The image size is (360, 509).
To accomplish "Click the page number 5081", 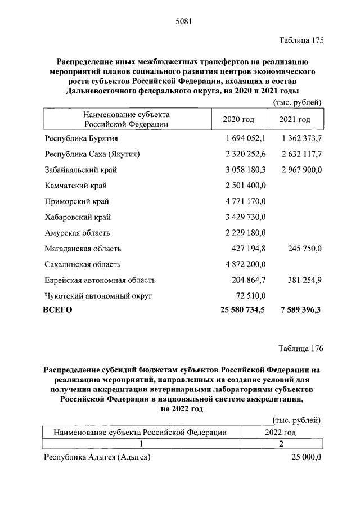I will click(184, 22).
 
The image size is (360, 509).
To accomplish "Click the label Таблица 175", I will click(301, 40).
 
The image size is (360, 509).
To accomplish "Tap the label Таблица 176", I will click(301, 348).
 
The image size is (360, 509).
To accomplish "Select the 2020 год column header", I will click(238, 120).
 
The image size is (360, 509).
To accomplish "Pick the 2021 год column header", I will click(295, 120).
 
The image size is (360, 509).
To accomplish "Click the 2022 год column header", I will click(280, 432).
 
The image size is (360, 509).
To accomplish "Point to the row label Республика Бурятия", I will click(80, 138).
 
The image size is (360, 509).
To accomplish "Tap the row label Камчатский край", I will click(75, 186).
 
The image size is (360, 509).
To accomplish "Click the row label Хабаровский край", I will click(77, 217).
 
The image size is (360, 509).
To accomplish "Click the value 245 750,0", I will click(304, 249).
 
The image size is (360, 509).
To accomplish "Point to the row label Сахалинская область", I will click(82, 264).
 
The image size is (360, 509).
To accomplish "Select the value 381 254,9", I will click(304, 280).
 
